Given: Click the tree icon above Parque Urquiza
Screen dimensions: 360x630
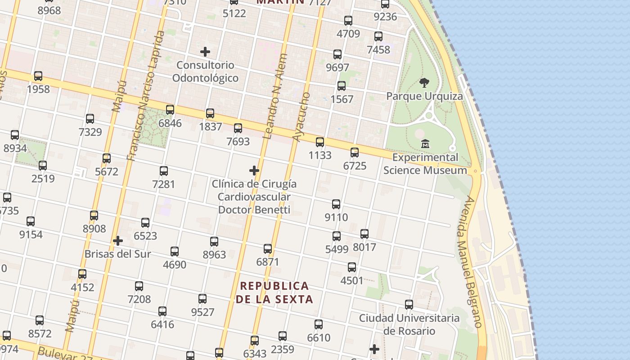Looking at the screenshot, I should (x=424, y=83).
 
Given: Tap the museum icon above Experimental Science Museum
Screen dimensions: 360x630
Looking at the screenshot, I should (x=425, y=144).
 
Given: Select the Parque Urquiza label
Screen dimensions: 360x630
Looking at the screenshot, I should (x=424, y=96).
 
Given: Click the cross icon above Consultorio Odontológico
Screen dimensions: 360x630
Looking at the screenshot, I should (x=205, y=52).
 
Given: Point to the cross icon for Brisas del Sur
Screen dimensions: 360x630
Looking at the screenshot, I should (x=118, y=241).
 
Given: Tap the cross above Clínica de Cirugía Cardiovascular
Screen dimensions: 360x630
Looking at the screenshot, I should (x=254, y=171).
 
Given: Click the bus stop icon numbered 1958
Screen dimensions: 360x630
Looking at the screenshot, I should (x=38, y=76).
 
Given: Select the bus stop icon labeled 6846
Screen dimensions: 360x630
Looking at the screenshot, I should (x=170, y=110).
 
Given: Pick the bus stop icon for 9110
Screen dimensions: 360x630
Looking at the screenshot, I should (x=336, y=204).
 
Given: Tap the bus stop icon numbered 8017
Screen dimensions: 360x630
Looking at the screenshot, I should (x=364, y=234).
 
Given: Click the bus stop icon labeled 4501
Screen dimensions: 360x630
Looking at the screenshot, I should (x=352, y=267).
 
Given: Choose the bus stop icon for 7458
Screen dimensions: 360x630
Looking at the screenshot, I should (x=378, y=36).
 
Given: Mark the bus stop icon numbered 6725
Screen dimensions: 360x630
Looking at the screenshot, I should (x=355, y=153).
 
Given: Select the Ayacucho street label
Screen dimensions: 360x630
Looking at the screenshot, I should (x=301, y=117).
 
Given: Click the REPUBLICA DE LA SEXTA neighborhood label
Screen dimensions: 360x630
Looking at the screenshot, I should (x=274, y=292).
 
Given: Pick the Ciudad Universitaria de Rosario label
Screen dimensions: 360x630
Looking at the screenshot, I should (x=409, y=324).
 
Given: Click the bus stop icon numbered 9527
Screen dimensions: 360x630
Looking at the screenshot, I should (x=202, y=299).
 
